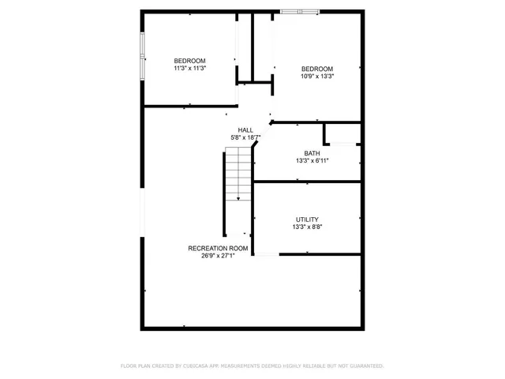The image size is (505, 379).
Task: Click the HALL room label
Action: pyautogui.click(x=245, y=130)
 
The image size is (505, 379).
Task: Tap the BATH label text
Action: pyautogui.click(x=312, y=153)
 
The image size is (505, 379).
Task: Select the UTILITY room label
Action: pyautogui.click(x=308, y=220)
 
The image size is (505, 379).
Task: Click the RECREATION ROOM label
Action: pyautogui.click(x=218, y=248)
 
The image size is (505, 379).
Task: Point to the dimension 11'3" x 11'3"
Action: pyautogui.click(x=189, y=69)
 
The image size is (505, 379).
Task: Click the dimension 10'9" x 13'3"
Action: pyautogui.click(x=317, y=77)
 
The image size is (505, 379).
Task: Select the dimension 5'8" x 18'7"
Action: pyautogui.click(x=245, y=137)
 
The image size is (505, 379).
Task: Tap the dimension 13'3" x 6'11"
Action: pyautogui.click(x=312, y=160)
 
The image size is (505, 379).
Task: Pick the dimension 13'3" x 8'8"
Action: pyautogui.click(x=308, y=227)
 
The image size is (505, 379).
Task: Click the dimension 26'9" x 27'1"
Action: pyautogui.click(x=218, y=256)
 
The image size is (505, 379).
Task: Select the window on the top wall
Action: pyautogui.click(x=300, y=11)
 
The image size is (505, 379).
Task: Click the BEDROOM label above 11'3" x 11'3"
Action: pyautogui.click(x=189, y=61)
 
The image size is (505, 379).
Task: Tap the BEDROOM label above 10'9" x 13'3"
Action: pyautogui.click(x=317, y=69)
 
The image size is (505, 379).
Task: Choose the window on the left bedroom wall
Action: pyautogui.click(x=142, y=57)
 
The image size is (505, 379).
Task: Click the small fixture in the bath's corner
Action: pyautogui.click(x=345, y=144)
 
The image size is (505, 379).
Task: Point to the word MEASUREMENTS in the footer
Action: pyautogui.click(x=249, y=366)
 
